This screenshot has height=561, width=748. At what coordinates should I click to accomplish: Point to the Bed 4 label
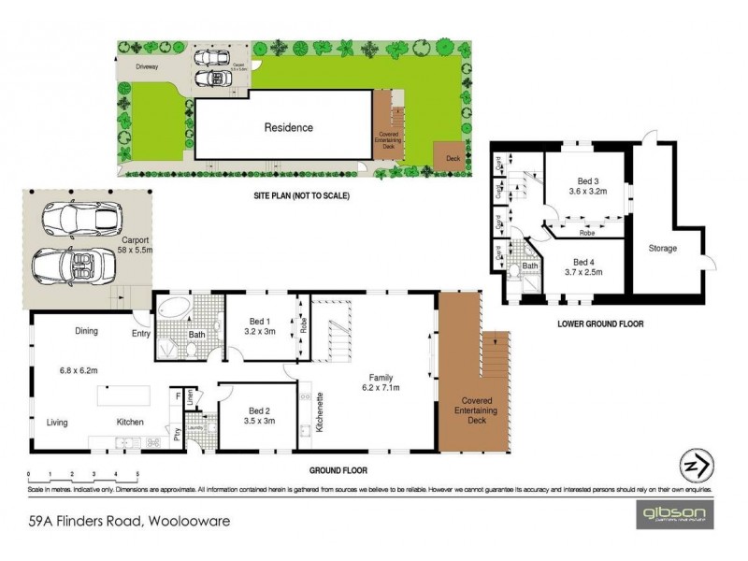click(583, 262)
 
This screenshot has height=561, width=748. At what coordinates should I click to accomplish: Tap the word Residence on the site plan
click(288, 128)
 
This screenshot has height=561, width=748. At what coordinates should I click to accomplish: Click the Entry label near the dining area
click(141, 331)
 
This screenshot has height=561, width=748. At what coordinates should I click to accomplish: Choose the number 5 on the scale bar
click(137, 475)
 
